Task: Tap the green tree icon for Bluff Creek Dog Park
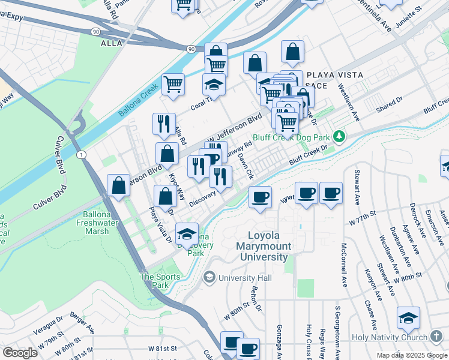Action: coord(339,137)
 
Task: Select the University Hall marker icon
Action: coord(209,277)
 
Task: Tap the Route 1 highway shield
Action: coord(81,155)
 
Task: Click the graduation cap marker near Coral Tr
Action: coord(213,85)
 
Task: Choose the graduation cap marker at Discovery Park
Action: coord(187,235)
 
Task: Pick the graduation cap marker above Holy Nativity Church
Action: coord(408,317)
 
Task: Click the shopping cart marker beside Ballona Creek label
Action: coord(173,84)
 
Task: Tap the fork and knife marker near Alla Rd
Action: coord(164,124)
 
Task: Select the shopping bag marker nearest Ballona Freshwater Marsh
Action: coord(119,185)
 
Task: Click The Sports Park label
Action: coord(155,281)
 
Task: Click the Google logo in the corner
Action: coord(20,353)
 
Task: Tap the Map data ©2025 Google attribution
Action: coord(412,355)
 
